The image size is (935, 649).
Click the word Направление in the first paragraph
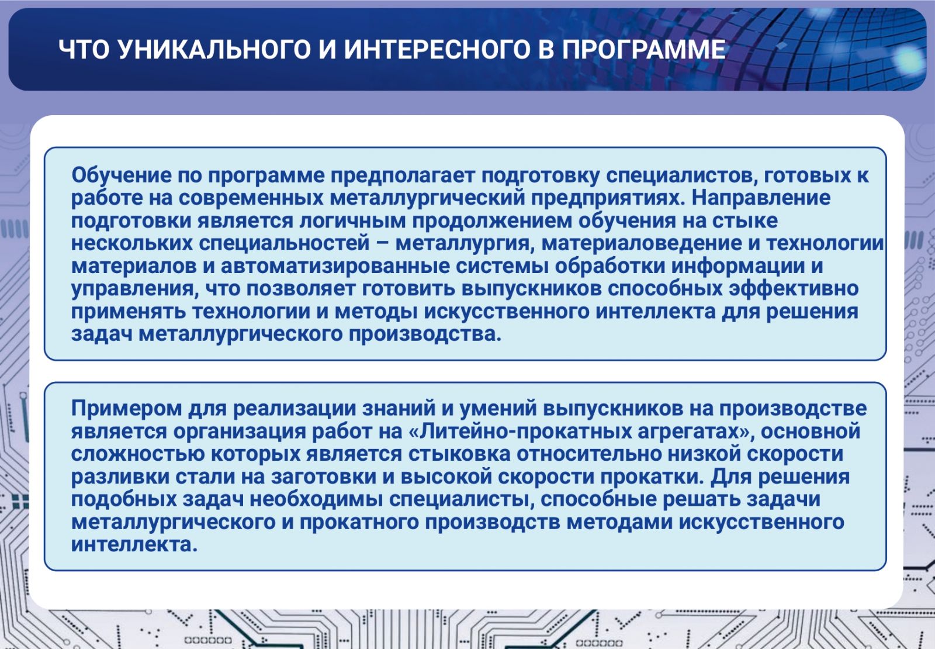[761, 198]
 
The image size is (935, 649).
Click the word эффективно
[793, 289]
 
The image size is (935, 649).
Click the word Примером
[126, 408]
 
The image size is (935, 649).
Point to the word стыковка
[459, 454]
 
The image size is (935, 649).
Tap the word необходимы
[316, 499]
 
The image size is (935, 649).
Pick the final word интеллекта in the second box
[134, 544]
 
